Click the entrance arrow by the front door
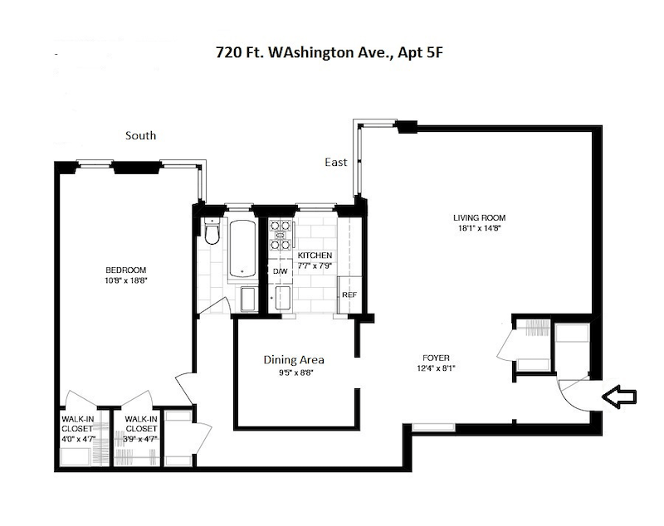618,397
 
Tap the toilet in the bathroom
212,231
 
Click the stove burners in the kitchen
281,235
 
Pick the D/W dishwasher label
280,271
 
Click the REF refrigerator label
349,295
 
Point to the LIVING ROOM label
480,218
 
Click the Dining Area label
294,360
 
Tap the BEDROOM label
126,270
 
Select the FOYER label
436,358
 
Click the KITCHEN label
315,256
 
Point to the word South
140,135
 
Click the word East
336,162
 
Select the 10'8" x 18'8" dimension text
126,280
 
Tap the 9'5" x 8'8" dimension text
295,373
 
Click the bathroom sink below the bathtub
248,300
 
